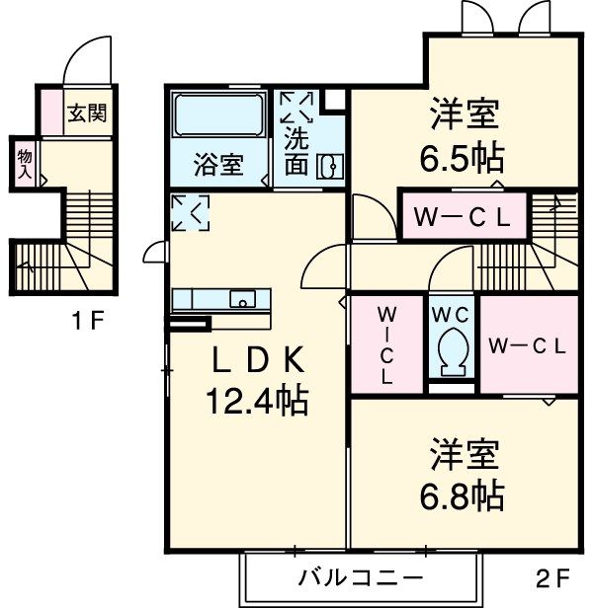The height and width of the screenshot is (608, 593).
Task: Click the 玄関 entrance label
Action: point(87,114)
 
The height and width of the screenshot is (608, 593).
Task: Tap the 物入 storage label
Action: point(24,164)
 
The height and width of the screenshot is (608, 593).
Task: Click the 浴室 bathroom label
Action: point(217,165)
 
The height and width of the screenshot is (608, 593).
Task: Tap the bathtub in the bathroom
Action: point(217,118)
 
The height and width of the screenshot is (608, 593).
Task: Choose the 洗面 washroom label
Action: point(296,152)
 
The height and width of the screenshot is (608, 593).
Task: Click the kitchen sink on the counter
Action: point(242,299)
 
